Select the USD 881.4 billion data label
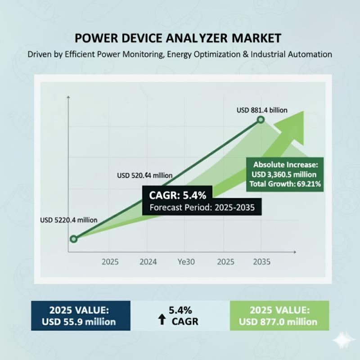[262, 109]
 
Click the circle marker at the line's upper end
[260, 120]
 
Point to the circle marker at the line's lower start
[74, 239]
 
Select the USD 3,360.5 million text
[285, 174]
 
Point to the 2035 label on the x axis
[261, 261]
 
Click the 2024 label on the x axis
[148, 261]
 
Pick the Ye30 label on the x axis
[186, 261]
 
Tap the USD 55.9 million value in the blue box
[79, 322]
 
